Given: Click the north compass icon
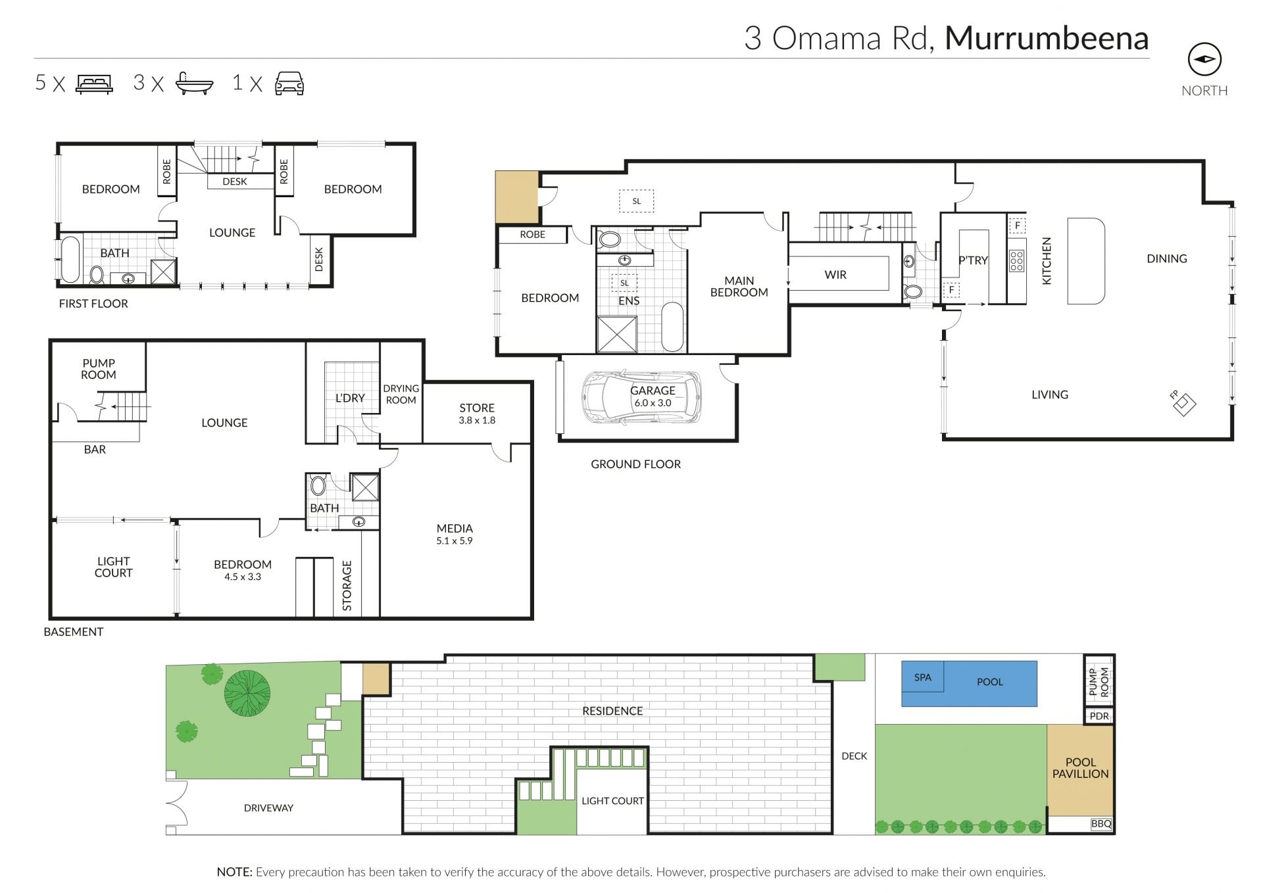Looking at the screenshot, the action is click(1204, 60).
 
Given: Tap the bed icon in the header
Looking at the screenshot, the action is click(95, 84).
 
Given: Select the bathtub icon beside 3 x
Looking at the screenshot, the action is click(195, 84).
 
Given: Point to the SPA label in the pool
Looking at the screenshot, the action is click(922, 677).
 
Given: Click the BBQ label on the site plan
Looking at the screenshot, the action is click(1101, 823).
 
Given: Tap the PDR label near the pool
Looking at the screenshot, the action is click(1099, 716).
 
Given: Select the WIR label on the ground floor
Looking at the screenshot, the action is click(835, 275).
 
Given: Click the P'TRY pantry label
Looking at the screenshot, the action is click(973, 260).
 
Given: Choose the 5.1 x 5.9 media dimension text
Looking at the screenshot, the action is click(454, 541).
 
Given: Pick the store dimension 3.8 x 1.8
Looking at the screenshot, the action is click(477, 420).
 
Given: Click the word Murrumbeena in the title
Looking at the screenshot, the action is click(1047, 38).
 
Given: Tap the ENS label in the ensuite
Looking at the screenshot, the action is click(629, 301).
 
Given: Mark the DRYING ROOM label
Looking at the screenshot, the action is click(401, 395).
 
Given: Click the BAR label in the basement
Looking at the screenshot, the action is click(95, 450).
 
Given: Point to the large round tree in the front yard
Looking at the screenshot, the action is click(247, 692).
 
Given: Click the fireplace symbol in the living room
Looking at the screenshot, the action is click(1183, 404).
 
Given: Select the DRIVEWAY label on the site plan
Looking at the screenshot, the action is click(268, 808).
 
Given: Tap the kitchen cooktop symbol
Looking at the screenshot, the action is click(1016, 261).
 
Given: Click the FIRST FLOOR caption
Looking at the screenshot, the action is click(93, 304).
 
